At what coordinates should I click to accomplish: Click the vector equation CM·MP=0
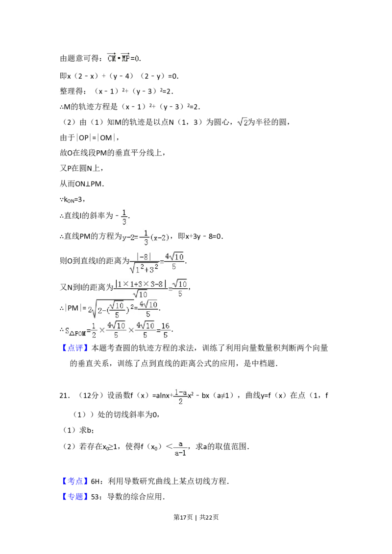pos(123,58)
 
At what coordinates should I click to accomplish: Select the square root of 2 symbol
pos(243,122)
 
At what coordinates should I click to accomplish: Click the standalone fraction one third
pos(124,217)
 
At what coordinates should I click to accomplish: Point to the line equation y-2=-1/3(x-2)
pos(147,238)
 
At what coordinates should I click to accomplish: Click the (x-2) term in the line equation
pos(160,238)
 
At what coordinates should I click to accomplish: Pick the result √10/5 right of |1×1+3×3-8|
pos(180,288)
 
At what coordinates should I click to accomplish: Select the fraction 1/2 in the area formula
pos(94,329)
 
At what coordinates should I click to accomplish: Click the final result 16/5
pos(166,329)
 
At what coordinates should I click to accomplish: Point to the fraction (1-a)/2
pos(180,397)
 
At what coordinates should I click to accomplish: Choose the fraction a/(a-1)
pos(180,448)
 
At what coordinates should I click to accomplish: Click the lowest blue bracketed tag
pos(76,496)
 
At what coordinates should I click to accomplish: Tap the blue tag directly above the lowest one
pos(76,481)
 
